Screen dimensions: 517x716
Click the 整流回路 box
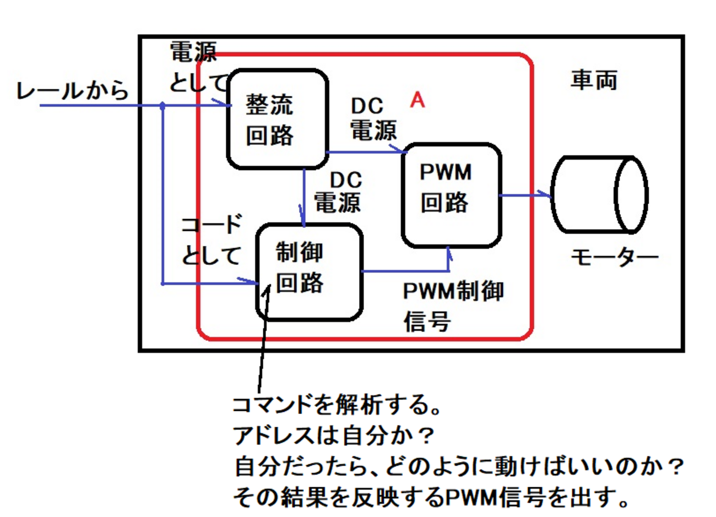pos(277,118)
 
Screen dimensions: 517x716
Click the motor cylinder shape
pos(599,194)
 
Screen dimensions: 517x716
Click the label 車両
pos(594,81)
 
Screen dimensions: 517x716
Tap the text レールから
pos(72,90)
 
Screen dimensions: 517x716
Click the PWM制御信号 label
pos(453,306)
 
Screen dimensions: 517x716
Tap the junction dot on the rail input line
pos(162,105)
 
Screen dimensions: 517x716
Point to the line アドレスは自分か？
pos(334,437)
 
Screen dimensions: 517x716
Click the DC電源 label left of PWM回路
pos(373,119)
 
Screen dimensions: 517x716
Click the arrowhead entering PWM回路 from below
pos(449,254)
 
